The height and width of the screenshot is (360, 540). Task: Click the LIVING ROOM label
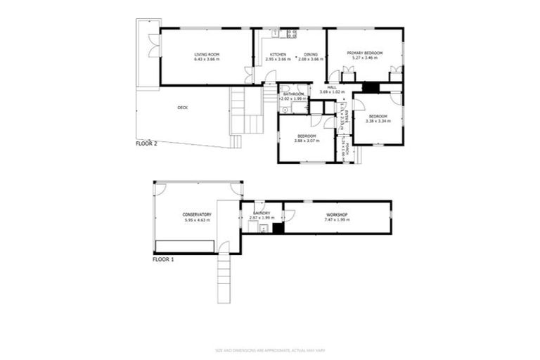click(207, 53)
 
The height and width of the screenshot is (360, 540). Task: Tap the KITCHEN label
click(278, 53)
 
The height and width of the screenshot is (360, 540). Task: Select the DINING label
click(311, 53)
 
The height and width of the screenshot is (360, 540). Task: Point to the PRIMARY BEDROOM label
click(364, 53)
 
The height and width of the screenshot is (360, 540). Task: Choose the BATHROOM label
click(294, 94)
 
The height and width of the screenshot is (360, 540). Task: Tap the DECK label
click(183, 108)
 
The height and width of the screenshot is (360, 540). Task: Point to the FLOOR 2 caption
click(146, 143)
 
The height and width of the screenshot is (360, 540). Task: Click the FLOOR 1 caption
click(163, 259)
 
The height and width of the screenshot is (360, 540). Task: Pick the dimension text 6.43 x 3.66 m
click(207, 59)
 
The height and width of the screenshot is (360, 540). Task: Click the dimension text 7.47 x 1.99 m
click(337, 220)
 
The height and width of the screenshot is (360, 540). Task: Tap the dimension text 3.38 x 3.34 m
click(378, 121)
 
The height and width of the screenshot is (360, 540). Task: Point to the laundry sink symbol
click(264, 228)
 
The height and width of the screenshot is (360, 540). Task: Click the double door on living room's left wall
click(151, 44)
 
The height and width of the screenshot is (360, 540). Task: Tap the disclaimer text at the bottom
click(269, 349)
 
